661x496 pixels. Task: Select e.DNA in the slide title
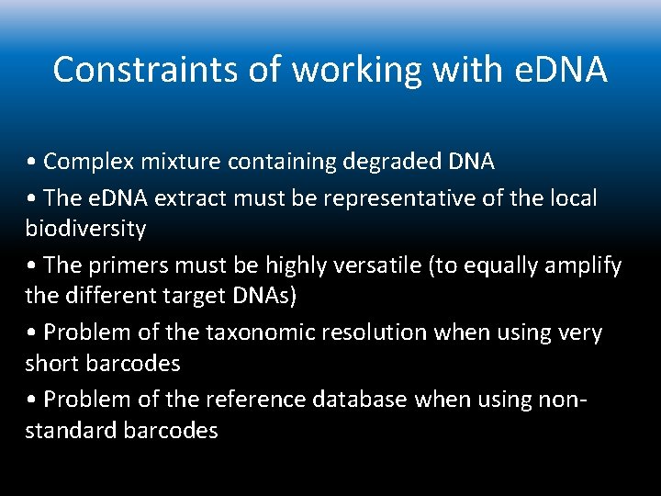(560, 70)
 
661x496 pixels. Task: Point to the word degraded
(392, 162)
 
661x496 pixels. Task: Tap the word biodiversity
(85, 227)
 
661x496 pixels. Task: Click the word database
(363, 400)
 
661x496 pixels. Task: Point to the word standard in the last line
(69, 430)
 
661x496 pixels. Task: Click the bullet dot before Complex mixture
(31, 163)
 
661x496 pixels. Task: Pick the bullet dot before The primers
(31, 266)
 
